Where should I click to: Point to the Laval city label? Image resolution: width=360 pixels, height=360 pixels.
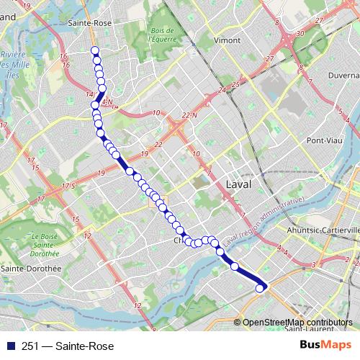click(239, 184)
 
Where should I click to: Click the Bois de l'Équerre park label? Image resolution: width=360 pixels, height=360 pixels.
click(163, 35)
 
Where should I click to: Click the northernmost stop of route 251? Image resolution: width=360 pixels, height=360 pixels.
click(94, 50)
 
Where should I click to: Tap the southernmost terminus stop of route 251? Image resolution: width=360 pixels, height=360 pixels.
click(260, 289)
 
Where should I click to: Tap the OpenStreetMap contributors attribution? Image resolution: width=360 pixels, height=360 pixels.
click(298, 322)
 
